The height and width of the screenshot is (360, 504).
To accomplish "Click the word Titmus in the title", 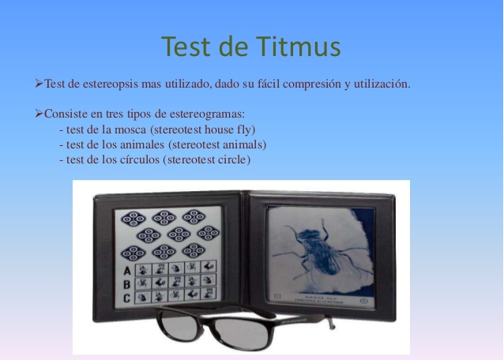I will pyautogui.click(x=296, y=47).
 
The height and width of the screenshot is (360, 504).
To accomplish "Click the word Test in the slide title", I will pyautogui.click(x=186, y=47).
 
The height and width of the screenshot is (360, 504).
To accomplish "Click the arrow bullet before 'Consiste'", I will pyautogui.click(x=39, y=115).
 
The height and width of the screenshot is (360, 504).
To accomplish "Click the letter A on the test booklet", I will pyautogui.click(x=125, y=270).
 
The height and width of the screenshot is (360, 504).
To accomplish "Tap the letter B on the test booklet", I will pyautogui.click(x=125, y=283).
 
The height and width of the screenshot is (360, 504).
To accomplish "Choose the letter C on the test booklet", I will pyautogui.click(x=125, y=298).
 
